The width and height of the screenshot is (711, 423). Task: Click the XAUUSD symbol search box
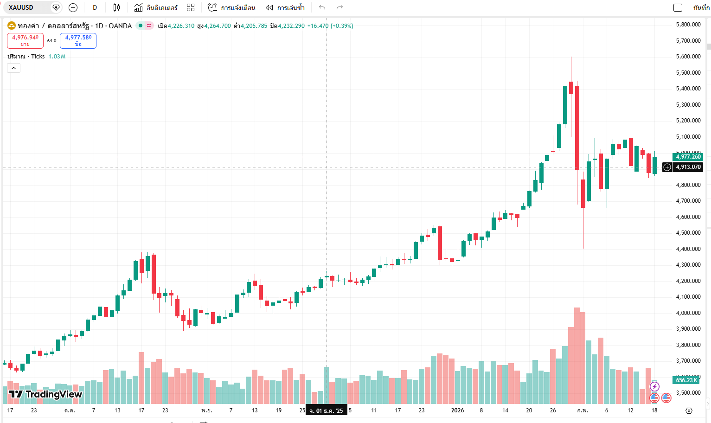pos(28,7)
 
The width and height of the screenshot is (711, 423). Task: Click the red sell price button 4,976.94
pos(25,41)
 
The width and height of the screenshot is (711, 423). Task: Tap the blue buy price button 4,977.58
pos(78,41)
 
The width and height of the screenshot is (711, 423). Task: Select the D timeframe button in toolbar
pos(95,7)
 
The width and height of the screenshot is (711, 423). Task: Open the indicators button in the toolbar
pos(156,7)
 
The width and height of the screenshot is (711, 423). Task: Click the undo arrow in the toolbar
pos(322,7)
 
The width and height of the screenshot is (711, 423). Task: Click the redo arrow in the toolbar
pos(340,7)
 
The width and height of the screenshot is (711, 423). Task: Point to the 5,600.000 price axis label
pos(688,57)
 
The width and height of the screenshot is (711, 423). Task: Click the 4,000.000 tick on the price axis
pos(688,313)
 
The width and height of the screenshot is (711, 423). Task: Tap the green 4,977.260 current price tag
pos(688,157)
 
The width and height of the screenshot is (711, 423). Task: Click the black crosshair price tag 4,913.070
pos(688,167)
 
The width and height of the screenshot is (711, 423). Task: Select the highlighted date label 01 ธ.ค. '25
pos(327,410)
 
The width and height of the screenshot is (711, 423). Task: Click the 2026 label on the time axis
pos(457,410)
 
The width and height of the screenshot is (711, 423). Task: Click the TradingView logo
pos(45,394)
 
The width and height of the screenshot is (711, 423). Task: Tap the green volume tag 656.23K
pos(686,380)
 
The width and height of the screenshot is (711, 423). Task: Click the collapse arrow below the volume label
pos(14,68)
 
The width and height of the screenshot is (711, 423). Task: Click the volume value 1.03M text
pos(57,57)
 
